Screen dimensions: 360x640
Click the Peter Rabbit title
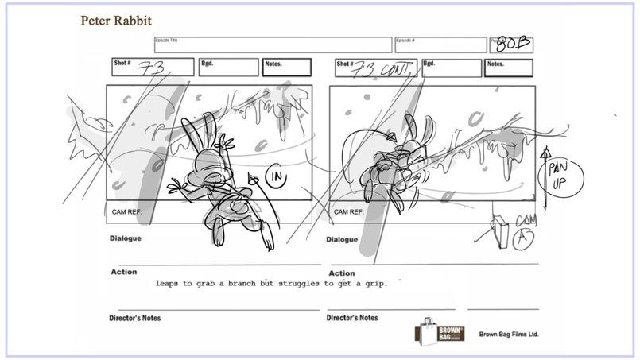coord(116,19)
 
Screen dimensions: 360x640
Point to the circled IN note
coord(277,178)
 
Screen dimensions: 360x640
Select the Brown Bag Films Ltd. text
coord(509,335)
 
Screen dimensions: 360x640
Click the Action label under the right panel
coord(342,273)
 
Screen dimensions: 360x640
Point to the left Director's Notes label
coord(137,318)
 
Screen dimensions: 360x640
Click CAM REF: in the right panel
coord(349,212)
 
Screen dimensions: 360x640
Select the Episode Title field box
coord(273,45)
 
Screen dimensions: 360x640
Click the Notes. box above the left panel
coord(287,68)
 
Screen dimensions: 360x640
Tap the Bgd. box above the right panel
coord(449,68)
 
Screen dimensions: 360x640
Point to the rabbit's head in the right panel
coord(413,140)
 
